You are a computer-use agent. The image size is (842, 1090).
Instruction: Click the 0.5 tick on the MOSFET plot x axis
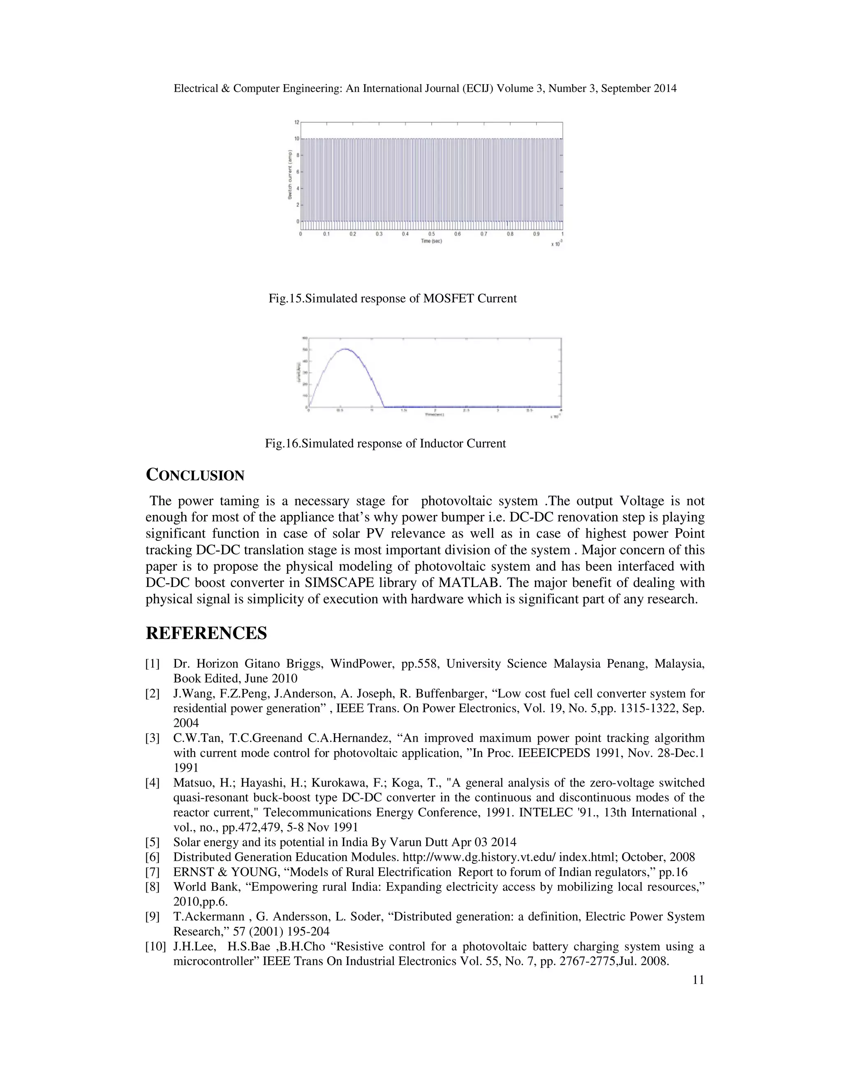431,234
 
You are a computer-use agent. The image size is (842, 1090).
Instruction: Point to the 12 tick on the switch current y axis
296,122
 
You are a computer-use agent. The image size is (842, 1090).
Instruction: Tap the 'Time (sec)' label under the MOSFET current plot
431,241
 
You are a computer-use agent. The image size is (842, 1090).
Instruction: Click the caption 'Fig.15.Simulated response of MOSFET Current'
393,299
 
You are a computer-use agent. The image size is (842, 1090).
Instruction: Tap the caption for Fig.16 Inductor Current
385,443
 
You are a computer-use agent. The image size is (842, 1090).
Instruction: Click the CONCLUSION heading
194,475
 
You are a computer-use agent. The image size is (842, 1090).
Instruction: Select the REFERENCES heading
206,633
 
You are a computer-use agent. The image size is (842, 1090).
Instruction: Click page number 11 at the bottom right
699,980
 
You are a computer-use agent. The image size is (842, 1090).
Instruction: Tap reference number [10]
155,947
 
